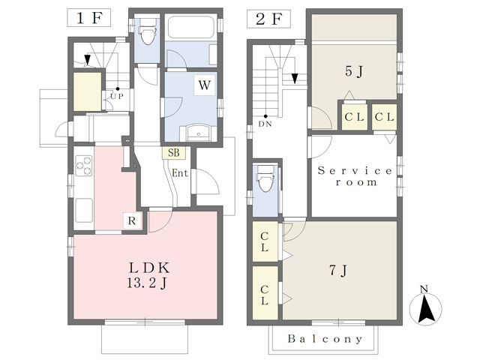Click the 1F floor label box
click(88, 18)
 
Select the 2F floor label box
click(268, 19)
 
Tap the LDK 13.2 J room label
click(148, 275)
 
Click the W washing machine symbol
click(205, 85)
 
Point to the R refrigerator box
click(132, 220)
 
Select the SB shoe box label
click(173, 153)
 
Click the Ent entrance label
click(180, 173)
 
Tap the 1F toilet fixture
click(148, 31)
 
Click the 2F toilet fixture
click(265, 178)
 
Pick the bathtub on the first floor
click(190, 27)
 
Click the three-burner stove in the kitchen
click(84, 166)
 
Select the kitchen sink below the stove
click(84, 210)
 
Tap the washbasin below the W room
click(198, 133)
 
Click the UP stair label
click(117, 97)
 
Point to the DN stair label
click(265, 124)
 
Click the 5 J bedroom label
click(354, 72)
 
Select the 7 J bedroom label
click(338, 270)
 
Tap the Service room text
click(355, 176)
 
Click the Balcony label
click(325, 339)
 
